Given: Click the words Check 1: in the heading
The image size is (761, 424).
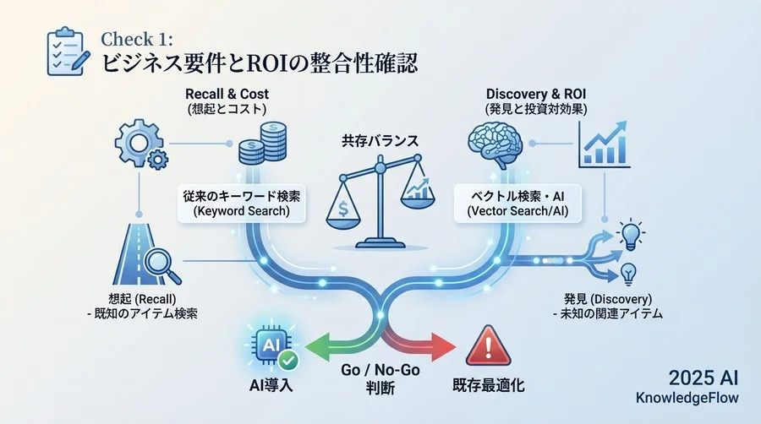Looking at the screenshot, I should coord(135,39).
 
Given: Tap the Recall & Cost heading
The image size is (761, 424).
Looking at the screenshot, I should coord(227,93).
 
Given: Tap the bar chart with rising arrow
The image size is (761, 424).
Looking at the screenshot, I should coord(603,144).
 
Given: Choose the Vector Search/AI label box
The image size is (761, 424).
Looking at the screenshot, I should coord(519,204).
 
